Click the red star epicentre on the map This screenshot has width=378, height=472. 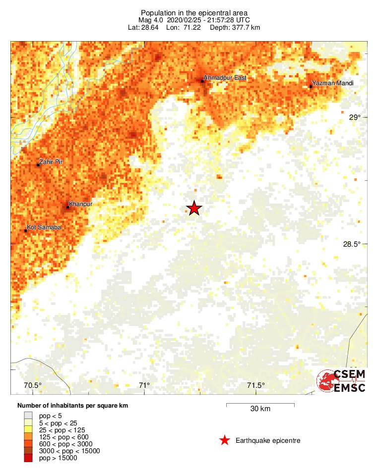pyautogui.click(x=194, y=209)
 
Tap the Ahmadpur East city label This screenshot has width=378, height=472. pyautogui.click(x=226, y=78)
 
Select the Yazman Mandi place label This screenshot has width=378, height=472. pyautogui.click(x=333, y=83)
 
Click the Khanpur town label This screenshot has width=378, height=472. pyautogui.click(x=81, y=204)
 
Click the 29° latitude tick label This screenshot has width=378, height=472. pyautogui.click(x=355, y=117)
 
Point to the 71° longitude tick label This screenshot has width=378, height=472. pyautogui.click(x=144, y=386)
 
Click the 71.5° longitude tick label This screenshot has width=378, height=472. pyautogui.click(x=256, y=386)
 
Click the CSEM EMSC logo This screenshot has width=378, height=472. pyautogui.click(x=341, y=381)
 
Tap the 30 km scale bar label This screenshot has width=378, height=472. pyautogui.click(x=260, y=409)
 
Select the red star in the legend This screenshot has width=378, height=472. pyautogui.click(x=225, y=440)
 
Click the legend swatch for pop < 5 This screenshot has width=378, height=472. pyautogui.click(x=28, y=415)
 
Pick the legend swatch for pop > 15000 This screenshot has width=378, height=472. pyautogui.click(x=28, y=458)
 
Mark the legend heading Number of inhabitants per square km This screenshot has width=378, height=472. pyautogui.click(x=73, y=406)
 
